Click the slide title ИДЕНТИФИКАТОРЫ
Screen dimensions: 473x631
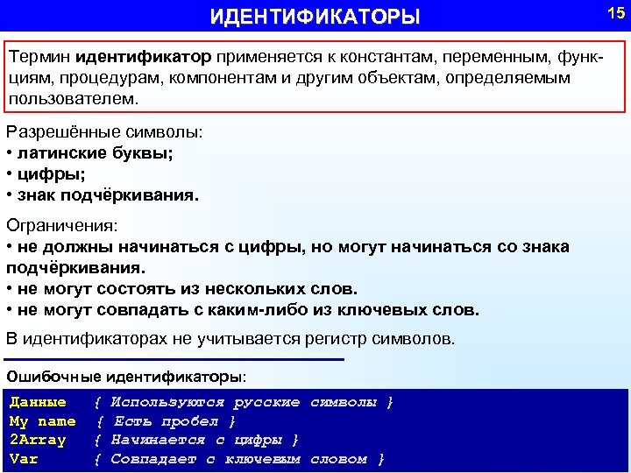pos(315,18)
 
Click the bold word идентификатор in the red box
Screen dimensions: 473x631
pos(143,57)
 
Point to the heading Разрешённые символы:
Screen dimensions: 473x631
pos(104,133)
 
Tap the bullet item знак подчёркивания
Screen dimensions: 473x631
pos(106,195)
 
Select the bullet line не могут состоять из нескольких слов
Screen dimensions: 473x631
pos(185,288)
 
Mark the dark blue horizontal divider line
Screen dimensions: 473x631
pos(175,359)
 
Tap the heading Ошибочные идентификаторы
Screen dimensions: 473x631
pos(126,378)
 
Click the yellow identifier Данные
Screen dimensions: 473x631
pos(38,402)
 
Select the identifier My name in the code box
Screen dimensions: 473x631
pos(42,421)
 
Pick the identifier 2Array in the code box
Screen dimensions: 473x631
pos(38,440)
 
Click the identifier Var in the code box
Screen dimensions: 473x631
pos(24,459)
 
